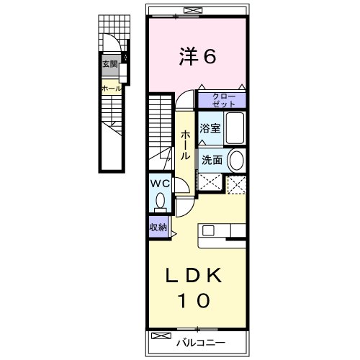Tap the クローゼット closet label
[x=222, y=99]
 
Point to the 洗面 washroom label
[x=210, y=161]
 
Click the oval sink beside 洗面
[x=236, y=160]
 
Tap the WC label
[x=159, y=184]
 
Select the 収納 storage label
[x=158, y=228]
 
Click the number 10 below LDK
[x=195, y=300]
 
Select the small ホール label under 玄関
[x=110, y=89]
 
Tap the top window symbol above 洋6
[x=191, y=10]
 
